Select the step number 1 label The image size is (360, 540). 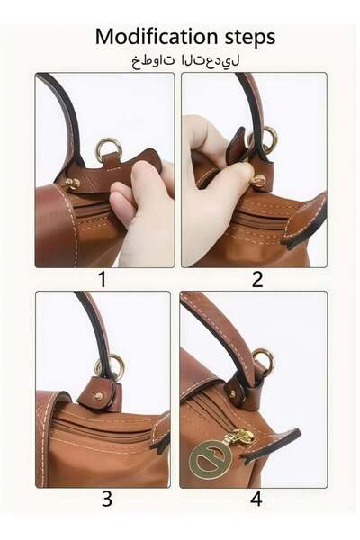tap(102, 280)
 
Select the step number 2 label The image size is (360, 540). tap(256, 280)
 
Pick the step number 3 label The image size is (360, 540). tap(106, 499)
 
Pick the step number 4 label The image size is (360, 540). tap(256, 499)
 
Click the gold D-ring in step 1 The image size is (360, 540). tap(109, 148)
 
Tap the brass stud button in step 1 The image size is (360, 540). tap(73, 184)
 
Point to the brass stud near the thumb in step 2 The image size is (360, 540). tap(258, 180)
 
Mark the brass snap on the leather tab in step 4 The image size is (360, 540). tap(233, 393)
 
